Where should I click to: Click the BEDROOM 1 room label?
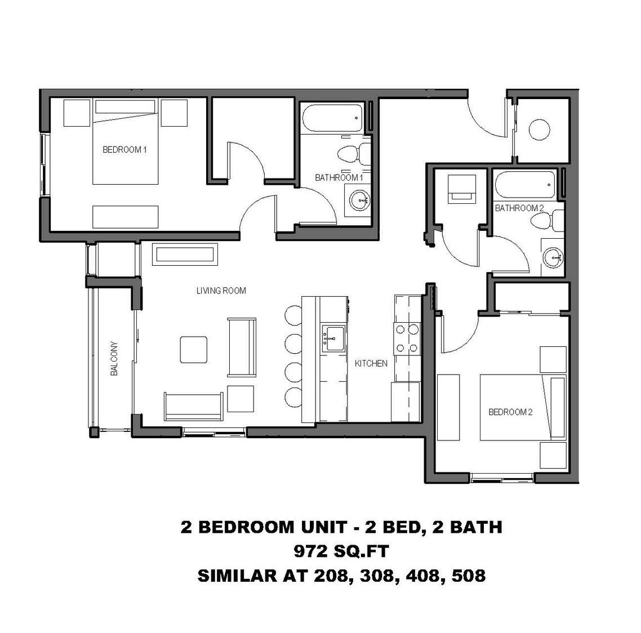(x=124, y=150)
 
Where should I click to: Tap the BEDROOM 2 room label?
(x=510, y=412)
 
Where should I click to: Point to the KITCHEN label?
(x=371, y=363)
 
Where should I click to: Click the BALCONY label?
(x=114, y=359)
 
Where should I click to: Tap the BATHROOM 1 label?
(x=339, y=177)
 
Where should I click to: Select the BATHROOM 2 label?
(x=519, y=208)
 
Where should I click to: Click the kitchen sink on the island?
(x=334, y=338)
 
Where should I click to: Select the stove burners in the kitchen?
(x=407, y=338)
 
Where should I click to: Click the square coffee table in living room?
(x=193, y=349)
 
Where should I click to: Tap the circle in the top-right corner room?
(x=540, y=130)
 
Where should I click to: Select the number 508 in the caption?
(x=465, y=576)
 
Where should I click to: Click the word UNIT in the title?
(x=320, y=527)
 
